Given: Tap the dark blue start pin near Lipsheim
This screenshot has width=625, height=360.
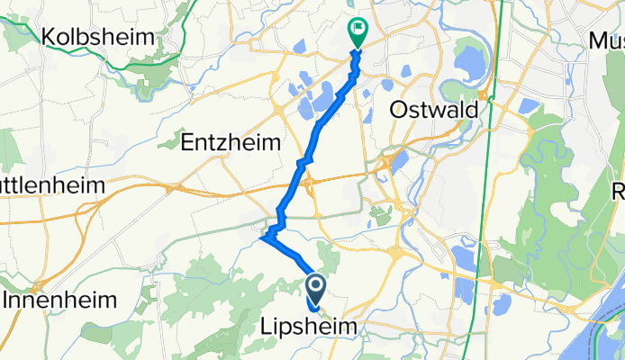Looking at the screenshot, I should [317, 290].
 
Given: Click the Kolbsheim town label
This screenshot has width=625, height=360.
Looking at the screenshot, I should [100, 39].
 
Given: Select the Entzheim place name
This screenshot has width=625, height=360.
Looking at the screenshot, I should [231, 142].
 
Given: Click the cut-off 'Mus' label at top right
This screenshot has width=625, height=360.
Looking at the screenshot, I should [606, 40].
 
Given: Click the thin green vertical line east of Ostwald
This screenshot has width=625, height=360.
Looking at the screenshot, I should [486, 180].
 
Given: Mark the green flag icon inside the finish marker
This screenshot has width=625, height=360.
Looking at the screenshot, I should [358, 30].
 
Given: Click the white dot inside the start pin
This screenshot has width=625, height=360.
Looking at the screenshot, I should [317, 286].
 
